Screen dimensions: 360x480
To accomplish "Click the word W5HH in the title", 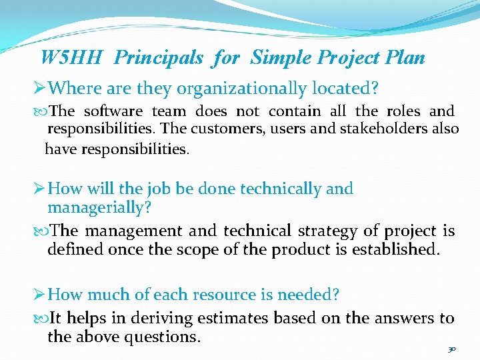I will pyautogui.click(x=71, y=58).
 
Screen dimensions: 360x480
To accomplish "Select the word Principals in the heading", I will pyautogui.click(x=159, y=58).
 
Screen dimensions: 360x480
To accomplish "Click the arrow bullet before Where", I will pyautogui.click(x=41, y=87).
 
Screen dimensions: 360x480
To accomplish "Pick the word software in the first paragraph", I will pyautogui.click(x=113, y=111).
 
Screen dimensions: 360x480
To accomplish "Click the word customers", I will pyautogui.click(x=237, y=129).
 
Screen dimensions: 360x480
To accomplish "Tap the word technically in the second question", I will pyautogui.click(x=282, y=189).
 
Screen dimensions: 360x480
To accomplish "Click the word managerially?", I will pyautogui.click(x=99, y=207).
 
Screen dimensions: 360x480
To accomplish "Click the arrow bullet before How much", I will pyautogui.click(x=41, y=295).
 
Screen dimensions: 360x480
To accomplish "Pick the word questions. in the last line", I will pyautogui.click(x=158, y=337).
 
